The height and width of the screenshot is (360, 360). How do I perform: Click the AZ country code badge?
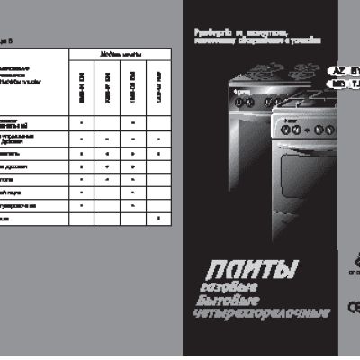(338, 69)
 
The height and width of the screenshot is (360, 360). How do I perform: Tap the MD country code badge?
(338, 83)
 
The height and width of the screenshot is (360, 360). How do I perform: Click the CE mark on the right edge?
(355, 303)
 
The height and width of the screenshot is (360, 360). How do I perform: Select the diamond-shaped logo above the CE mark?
(355, 267)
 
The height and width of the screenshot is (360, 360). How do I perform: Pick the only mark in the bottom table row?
(158, 219)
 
